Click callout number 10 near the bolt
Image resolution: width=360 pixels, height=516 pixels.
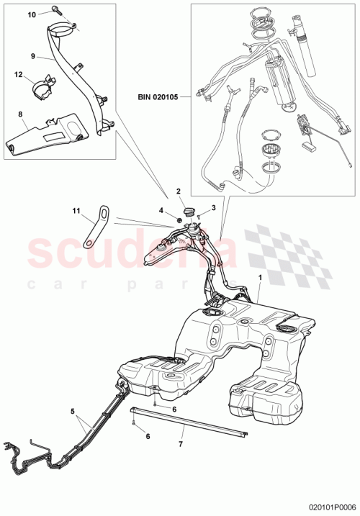pos(32,14)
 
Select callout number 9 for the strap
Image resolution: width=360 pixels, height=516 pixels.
pos(33,55)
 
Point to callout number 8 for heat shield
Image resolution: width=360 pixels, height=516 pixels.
pos(20,114)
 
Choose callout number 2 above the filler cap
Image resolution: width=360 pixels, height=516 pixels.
pos(177,192)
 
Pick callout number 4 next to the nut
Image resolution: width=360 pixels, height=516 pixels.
pos(163,210)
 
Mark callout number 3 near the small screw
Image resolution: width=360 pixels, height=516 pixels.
pos(212,207)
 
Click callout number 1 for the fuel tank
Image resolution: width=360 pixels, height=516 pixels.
pos(260,278)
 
